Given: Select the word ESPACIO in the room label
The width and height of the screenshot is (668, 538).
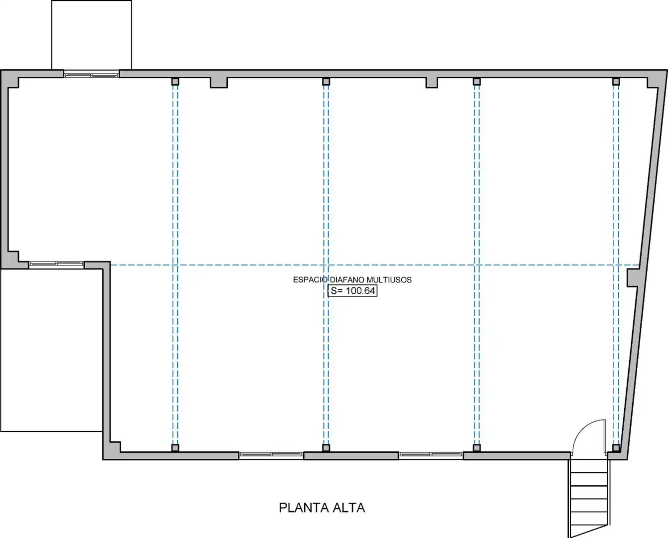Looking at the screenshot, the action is click(310, 279).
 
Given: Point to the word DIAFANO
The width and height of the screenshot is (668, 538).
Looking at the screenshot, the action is click(347, 279).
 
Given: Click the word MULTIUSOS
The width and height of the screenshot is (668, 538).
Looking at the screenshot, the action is click(389, 279).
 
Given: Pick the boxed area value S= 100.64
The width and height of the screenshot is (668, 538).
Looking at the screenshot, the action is click(352, 291).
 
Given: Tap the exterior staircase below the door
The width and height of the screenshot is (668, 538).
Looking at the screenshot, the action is click(589, 497).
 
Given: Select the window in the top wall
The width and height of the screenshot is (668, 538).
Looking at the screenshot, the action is click(92, 74).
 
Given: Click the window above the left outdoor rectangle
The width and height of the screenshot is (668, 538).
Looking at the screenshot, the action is click(56, 264).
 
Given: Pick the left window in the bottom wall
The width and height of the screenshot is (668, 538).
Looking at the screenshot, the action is click(271, 455).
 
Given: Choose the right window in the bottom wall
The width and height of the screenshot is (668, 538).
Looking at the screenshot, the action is click(431, 455).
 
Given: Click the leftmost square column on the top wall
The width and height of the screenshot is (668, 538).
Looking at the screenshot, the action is click(175, 82).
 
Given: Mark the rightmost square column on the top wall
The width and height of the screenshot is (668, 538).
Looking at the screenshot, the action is click(616, 82).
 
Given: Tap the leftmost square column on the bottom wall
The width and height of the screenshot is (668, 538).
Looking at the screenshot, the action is click(175, 448).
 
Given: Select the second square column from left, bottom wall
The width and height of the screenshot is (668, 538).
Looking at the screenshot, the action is click(326, 448).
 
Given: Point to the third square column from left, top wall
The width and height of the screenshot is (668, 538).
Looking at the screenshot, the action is click(477, 82).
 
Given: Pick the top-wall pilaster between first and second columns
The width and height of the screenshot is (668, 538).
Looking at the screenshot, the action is click(219, 83).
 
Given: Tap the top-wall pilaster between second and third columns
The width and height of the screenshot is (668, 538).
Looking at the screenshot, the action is click(432, 83).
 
